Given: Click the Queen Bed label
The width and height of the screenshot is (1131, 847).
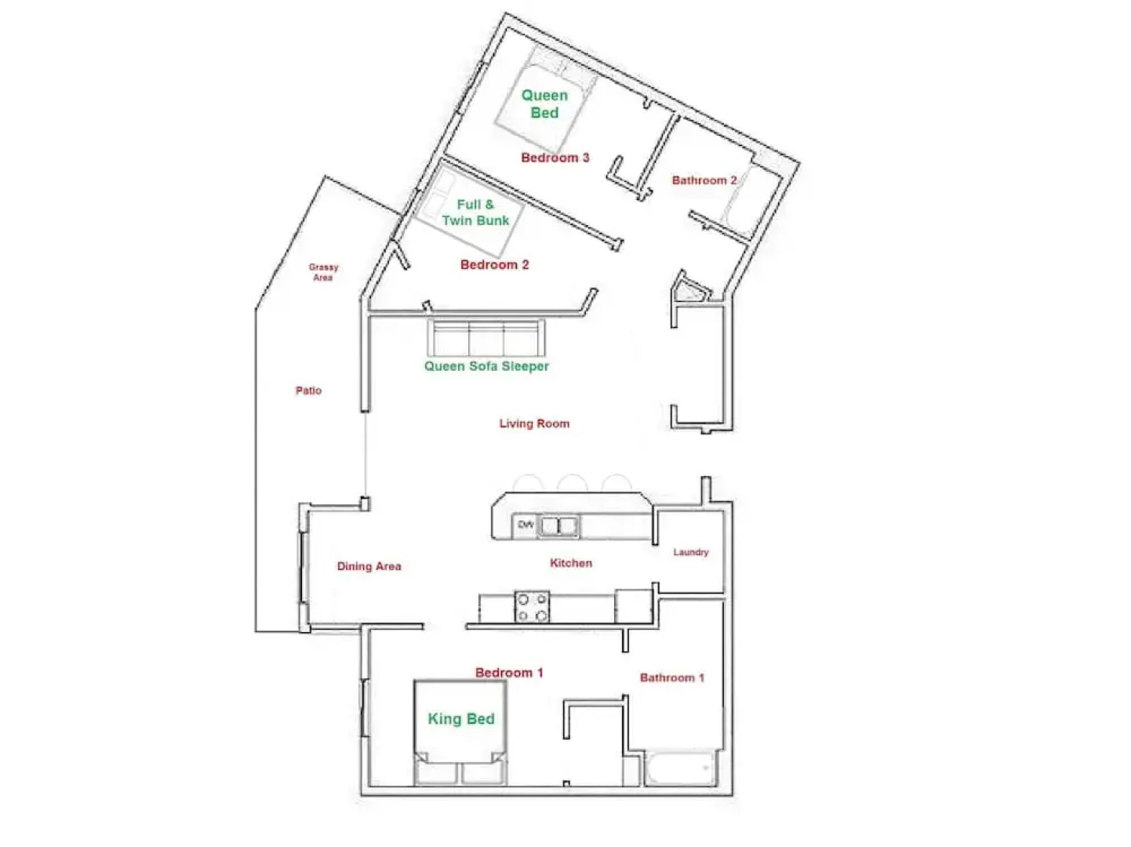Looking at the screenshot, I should pyautogui.click(x=544, y=104).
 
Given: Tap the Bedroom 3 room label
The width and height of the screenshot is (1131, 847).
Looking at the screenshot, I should pyautogui.click(x=555, y=158).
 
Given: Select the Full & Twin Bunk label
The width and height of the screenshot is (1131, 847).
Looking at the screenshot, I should pyautogui.click(x=475, y=213).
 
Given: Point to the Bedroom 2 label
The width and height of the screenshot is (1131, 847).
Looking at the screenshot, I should pyautogui.click(x=494, y=265).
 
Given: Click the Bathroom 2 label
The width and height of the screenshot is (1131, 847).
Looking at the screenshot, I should pyautogui.click(x=704, y=180).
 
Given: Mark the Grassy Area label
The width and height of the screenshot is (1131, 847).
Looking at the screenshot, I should pyautogui.click(x=323, y=272).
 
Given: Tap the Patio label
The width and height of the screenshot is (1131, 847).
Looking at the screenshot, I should pyautogui.click(x=308, y=391).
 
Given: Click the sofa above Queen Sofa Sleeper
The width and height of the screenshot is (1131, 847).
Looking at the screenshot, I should pyautogui.click(x=486, y=338).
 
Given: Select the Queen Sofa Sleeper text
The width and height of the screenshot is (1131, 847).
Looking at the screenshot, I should pyautogui.click(x=486, y=366).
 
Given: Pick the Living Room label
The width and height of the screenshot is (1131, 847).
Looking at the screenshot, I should pyautogui.click(x=534, y=423).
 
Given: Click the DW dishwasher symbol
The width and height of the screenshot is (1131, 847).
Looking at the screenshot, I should pyautogui.click(x=525, y=525).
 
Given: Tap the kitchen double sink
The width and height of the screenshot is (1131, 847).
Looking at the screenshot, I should pyautogui.click(x=558, y=525).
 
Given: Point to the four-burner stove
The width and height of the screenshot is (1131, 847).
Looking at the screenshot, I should pyautogui.click(x=532, y=607).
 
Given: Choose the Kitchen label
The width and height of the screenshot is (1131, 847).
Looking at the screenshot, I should pyautogui.click(x=571, y=563).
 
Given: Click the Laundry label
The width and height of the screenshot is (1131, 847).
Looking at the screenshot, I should pyautogui.click(x=690, y=552).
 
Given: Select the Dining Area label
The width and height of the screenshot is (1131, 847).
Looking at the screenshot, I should pyautogui.click(x=369, y=566).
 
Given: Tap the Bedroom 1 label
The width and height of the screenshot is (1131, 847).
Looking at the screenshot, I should pyautogui.click(x=509, y=673).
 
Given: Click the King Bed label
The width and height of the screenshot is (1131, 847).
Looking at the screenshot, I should pyautogui.click(x=461, y=719).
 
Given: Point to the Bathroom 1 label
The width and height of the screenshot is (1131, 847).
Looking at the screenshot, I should pyautogui.click(x=671, y=678).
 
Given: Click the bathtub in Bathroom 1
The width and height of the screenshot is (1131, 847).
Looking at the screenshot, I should pyautogui.click(x=680, y=769).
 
